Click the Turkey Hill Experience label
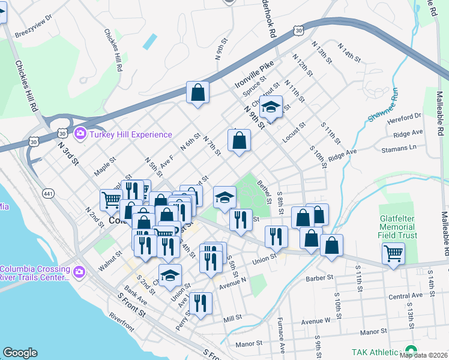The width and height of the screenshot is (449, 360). pos(131,135)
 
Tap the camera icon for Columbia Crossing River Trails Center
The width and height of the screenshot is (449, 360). pos(79,273)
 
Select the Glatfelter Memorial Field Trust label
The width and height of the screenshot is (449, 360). pos(397,223)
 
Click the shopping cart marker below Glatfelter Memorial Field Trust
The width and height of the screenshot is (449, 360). pos(393,253)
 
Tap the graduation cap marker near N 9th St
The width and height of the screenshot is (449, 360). pos(271,107)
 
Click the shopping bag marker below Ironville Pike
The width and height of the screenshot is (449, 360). pos(197,93)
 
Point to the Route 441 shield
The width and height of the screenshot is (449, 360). pos(48,193)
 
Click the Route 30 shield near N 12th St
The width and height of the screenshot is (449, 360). pos(299,29)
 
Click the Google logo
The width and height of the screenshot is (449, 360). pos(20,353)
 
